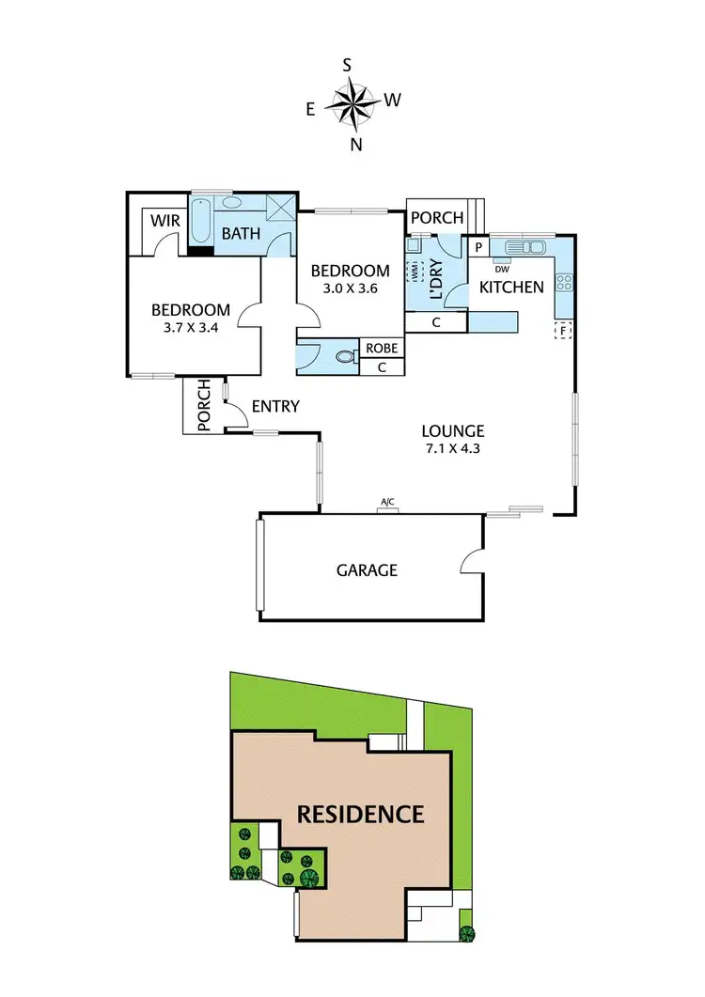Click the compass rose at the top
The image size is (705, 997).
pos(352,102)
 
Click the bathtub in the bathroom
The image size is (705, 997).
pos(201,226)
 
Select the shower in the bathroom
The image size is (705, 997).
pos(278,209)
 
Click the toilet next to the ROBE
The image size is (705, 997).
pos(343,356)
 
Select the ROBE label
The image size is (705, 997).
pos(382,349)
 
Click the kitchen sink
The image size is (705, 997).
pos(525,248)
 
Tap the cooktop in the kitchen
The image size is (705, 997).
pos(565,281)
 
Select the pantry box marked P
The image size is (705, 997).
pos(478,248)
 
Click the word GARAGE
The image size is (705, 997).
pos(368,569)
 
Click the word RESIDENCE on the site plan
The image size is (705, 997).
pos(361,814)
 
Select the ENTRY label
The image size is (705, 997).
pos(276,406)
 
